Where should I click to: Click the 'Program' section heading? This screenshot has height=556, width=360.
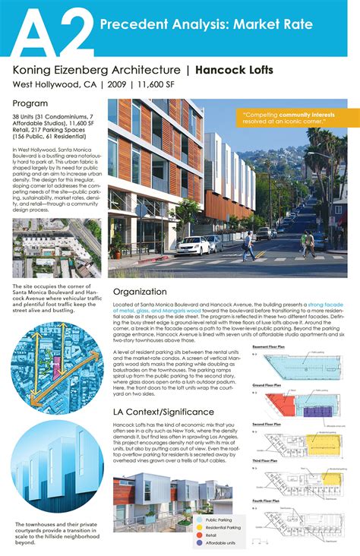pos(30,103)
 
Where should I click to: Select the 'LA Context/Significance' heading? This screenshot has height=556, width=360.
pos(163,411)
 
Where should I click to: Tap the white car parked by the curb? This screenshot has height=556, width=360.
pos(193,245)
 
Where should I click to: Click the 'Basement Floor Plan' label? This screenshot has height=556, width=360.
pos(271,346)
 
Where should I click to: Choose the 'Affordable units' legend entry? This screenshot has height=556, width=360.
pos(223,544)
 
